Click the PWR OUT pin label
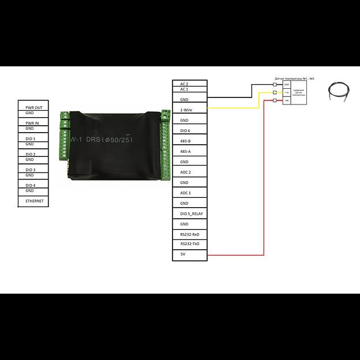pyautogui.click(x=34, y=107)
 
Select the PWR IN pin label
pyautogui.click(x=32, y=123)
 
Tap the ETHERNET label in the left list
pyautogui.click(x=35, y=201)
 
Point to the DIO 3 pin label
pyautogui.click(x=31, y=170)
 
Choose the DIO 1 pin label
pyautogui.click(x=31, y=138)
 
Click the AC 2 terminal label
pyautogui.click(x=185, y=84)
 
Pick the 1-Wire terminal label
pyautogui.click(x=186, y=110)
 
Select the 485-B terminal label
pyautogui.click(x=186, y=141)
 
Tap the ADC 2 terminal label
pyautogui.click(x=186, y=172)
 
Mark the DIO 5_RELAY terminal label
pyautogui.click(x=192, y=213)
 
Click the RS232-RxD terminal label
pyautogui.click(x=190, y=234)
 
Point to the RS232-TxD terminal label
pyautogui.click(x=190, y=244)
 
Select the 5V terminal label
pyautogui.click(x=183, y=254)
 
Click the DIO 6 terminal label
pyautogui.click(x=185, y=131)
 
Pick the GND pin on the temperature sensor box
pyautogui.click(x=287, y=84)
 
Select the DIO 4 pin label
pyautogui.click(x=31, y=185)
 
